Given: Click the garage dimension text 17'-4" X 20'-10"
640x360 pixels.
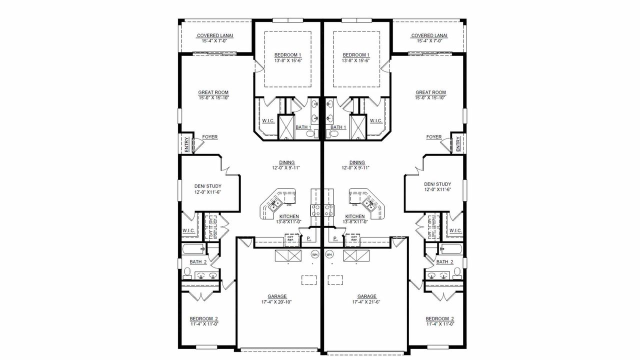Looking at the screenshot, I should tap(277, 302).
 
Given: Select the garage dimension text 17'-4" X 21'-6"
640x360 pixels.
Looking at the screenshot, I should tap(367, 302).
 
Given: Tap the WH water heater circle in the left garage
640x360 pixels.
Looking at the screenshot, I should tap(315, 254).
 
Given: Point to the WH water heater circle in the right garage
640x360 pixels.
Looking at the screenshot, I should tap(329, 254).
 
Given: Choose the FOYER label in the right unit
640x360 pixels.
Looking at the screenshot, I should tap(433, 137).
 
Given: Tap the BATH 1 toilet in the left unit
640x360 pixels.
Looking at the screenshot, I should tap(309, 134).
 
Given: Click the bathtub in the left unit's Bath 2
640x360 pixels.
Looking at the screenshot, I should tap(193, 249).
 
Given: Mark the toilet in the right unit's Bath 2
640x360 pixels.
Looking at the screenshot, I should tap(457, 272).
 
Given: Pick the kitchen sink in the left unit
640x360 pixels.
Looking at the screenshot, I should tap(274, 203).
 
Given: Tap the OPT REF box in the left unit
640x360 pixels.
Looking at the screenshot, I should tap(290, 239).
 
